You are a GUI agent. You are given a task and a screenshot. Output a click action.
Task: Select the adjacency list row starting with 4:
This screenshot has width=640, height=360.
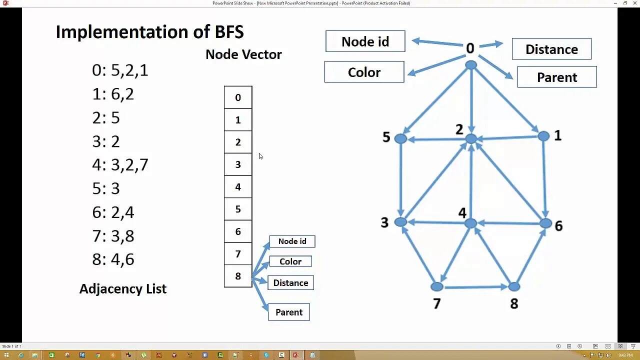[x=120, y=165]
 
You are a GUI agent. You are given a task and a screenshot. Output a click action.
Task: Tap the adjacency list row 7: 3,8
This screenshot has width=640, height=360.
[x=113, y=236]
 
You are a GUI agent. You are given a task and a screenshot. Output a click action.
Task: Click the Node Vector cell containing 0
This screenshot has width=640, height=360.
[x=238, y=97]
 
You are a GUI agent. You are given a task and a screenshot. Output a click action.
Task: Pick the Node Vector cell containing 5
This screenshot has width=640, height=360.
[x=238, y=209]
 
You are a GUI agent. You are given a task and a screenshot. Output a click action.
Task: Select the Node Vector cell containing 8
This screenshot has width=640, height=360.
[x=238, y=276]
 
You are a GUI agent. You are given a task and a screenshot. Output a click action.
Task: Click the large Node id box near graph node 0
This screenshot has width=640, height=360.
[x=365, y=41]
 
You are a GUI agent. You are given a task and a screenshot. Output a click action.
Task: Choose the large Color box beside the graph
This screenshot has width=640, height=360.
[x=364, y=72]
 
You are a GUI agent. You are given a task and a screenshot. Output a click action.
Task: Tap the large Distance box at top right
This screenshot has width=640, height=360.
[x=551, y=49]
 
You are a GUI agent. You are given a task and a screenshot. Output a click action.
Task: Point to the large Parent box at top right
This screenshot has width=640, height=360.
[x=557, y=77]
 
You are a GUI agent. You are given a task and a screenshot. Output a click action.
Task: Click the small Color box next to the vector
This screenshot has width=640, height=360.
[x=290, y=261]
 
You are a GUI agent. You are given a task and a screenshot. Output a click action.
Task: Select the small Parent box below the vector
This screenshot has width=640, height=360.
[x=289, y=312]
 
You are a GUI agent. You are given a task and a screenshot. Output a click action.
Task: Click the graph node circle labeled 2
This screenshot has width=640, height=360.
[x=471, y=138]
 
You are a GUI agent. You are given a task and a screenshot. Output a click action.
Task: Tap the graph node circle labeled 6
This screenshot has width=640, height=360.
[x=545, y=223]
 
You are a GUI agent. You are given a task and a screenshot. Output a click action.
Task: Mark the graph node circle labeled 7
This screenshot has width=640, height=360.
[x=436, y=286]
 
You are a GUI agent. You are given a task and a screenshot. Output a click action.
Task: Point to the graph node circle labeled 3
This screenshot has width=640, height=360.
[x=400, y=222]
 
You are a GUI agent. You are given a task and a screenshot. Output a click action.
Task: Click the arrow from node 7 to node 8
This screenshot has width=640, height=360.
[x=475, y=287]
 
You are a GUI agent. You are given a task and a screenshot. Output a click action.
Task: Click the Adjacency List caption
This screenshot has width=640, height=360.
[x=123, y=288]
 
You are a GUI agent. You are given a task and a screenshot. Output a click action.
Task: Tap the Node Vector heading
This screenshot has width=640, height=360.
[x=243, y=54]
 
